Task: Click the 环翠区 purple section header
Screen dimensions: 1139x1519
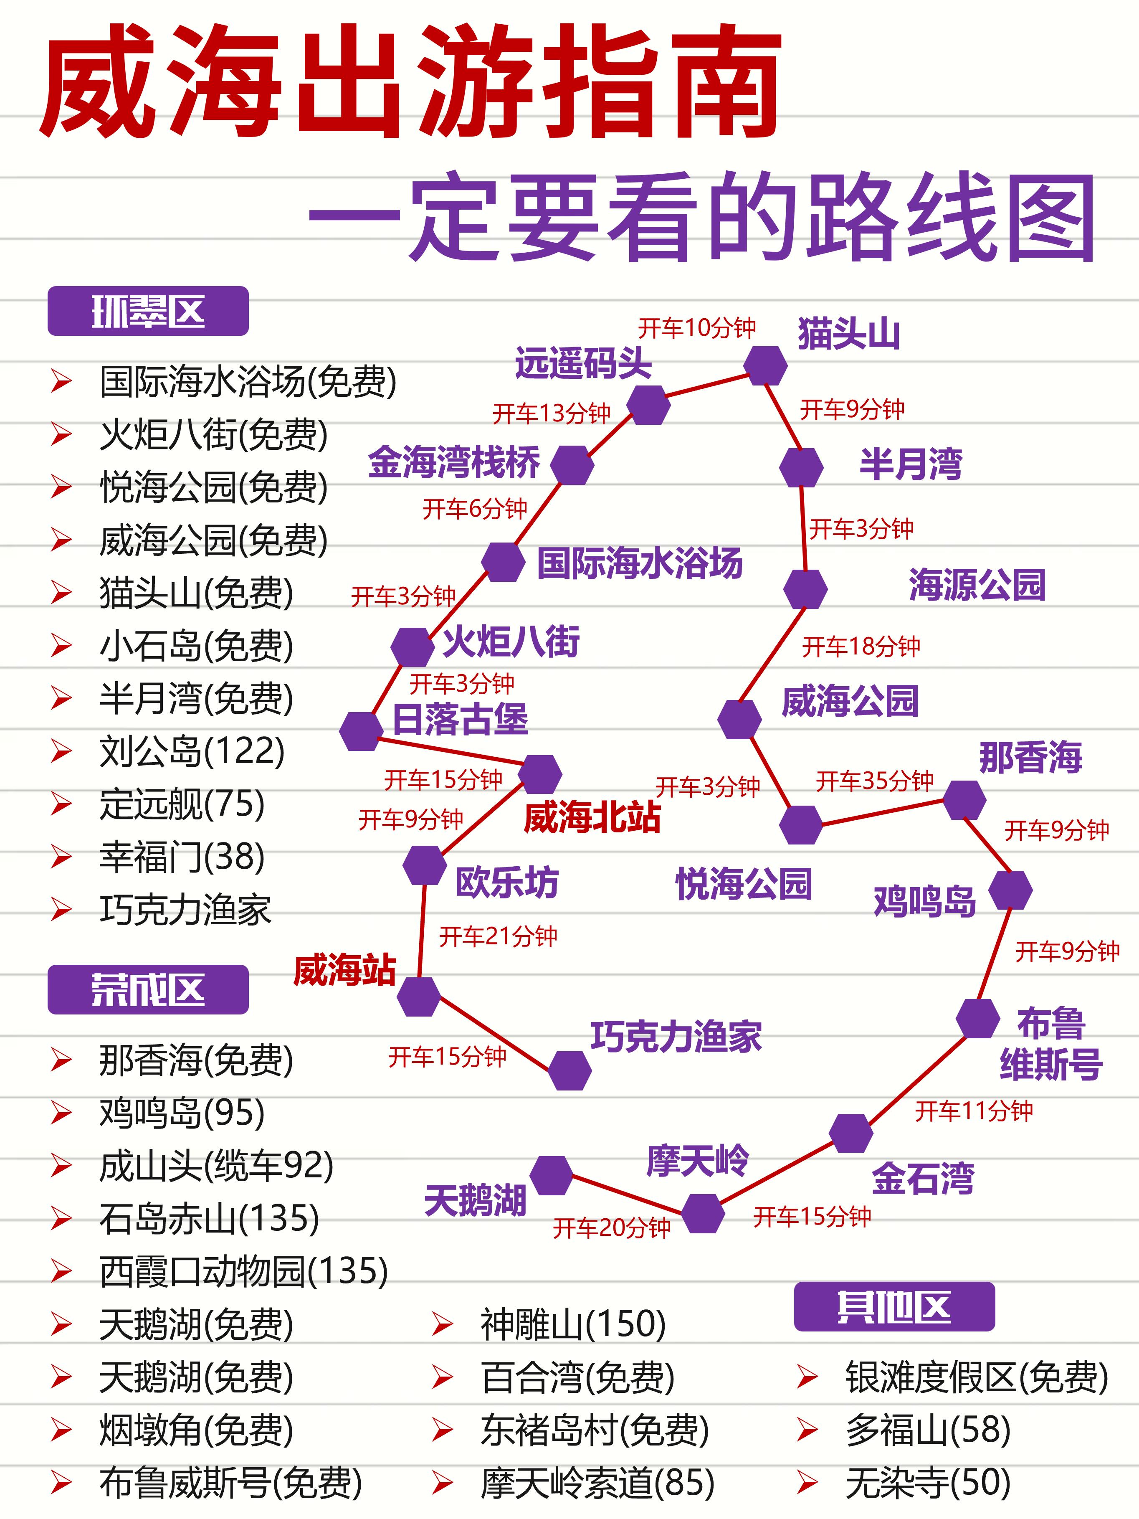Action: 148,311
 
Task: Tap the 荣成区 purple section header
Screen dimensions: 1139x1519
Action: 148,989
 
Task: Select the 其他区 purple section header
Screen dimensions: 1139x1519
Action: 894,1306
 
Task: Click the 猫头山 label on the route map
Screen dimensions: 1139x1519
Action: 848,335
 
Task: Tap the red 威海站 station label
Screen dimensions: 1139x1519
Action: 344,970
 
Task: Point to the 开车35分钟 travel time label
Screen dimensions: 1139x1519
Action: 875,781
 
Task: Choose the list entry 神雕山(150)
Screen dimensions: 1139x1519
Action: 572,1324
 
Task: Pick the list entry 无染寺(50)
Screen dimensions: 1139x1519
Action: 928,1483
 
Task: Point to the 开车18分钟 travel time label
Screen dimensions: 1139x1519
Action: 861,646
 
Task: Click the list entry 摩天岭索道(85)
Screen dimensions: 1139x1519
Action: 597,1483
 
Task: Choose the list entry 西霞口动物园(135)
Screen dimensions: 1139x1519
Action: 244,1271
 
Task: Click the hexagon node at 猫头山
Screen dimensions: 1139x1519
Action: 765,366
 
